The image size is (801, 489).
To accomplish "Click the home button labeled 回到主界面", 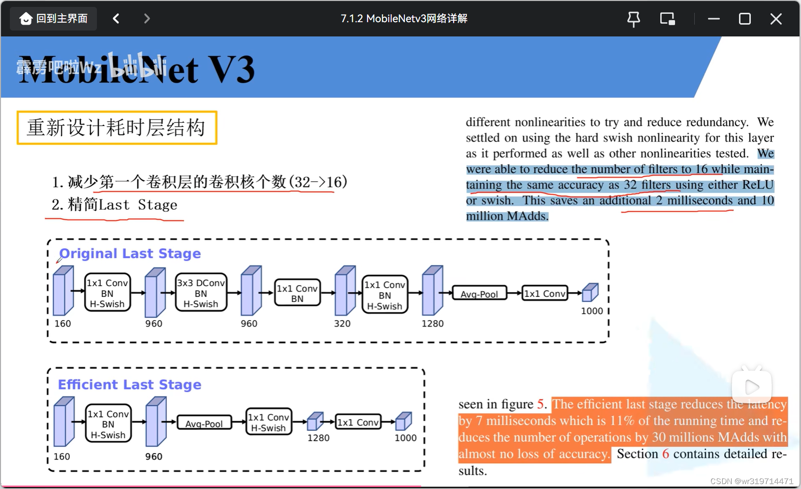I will pyautogui.click(x=54, y=19).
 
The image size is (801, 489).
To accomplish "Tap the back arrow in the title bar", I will pyautogui.click(x=116, y=19).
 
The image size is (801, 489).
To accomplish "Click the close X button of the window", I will pyautogui.click(x=775, y=19).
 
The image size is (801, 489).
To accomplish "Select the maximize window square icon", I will pyautogui.click(x=744, y=19).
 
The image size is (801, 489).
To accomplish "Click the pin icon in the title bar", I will pyautogui.click(x=634, y=19).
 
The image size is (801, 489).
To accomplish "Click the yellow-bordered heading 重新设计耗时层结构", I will pyautogui.click(x=117, y=128).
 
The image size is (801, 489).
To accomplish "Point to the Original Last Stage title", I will pyautogui.click(x=130, y=254).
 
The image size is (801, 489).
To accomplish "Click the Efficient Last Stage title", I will pyautogui.click(x=129, y=385).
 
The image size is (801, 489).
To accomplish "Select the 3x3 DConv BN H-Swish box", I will pyautogui.click(x=201, y=293).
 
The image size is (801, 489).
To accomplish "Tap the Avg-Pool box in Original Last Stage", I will pyautogui.click(x=479, y=294).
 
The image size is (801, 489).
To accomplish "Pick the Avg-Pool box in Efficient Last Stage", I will pyautogui.click(x=204, y=423).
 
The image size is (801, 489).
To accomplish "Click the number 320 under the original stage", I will pyautogui.click(x=342, y=324).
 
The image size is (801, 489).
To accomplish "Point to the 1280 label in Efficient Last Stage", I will pyautogui.click(x=318, y=438).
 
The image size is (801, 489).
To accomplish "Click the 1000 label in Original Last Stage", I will pyautogui.click(x=591, y=311).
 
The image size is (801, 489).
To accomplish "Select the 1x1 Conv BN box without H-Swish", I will pyautogui.click(x=297, y=293).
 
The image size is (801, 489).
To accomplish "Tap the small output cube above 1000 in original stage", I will pyautogui.click(x=590, y=293).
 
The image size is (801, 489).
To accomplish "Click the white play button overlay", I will pyautogui.click(x=751, y=387).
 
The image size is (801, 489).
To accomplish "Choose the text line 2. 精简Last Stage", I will pyautogui.click(x=114, y=205).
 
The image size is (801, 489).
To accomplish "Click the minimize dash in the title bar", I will pyautogui.click(x=713, y=19).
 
